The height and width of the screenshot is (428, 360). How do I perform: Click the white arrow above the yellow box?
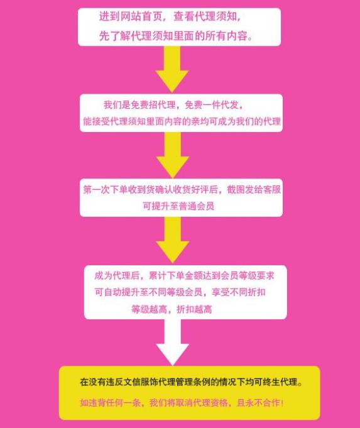173,341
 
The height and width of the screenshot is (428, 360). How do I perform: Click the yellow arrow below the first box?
172,69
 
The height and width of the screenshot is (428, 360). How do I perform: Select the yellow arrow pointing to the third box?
173,155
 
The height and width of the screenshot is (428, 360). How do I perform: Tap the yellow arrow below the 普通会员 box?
173,239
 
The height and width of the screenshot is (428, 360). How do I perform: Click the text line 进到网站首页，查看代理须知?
170,17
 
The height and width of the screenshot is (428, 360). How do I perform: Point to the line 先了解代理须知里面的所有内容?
175,35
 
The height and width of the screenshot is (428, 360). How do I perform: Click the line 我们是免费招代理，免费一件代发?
173,105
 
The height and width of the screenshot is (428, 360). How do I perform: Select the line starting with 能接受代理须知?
182,121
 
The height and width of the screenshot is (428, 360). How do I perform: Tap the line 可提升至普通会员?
178,206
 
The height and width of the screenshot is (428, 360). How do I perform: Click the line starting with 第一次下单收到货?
182,189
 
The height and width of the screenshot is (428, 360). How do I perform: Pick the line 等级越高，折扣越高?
172,309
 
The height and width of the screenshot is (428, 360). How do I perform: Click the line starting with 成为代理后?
184,276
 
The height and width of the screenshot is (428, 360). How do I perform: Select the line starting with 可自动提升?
180,292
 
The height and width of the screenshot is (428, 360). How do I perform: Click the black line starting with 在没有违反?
191,382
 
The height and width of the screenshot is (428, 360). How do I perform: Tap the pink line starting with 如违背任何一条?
182,403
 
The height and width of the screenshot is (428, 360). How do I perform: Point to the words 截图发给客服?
254,189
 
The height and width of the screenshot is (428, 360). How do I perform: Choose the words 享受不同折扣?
239,292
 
